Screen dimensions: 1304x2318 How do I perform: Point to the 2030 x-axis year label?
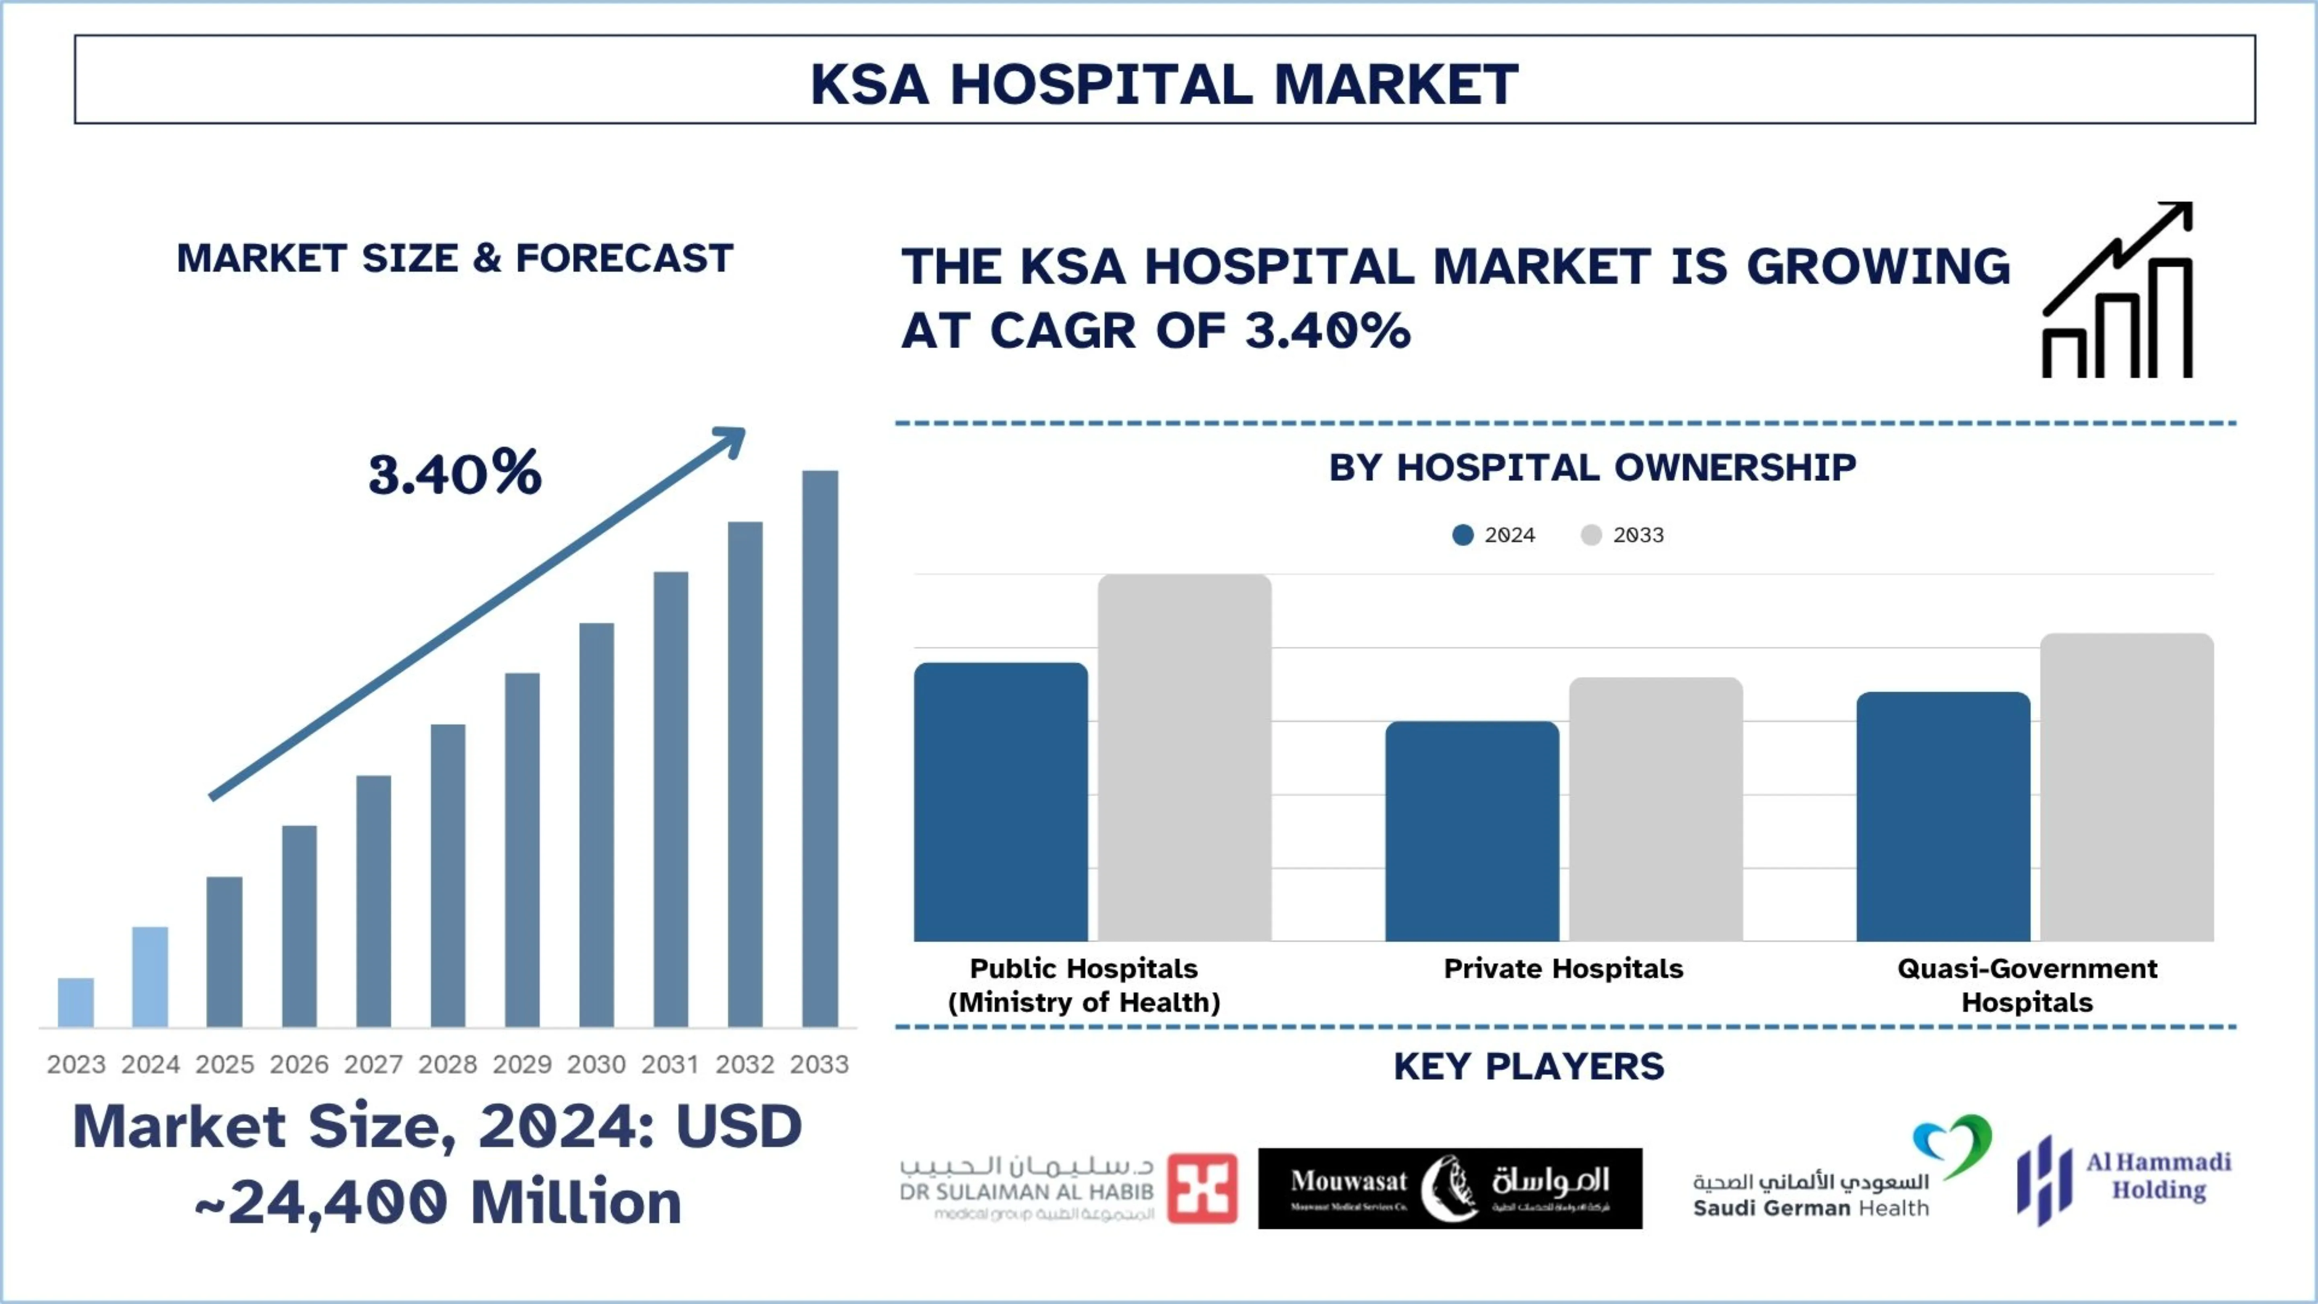596,1065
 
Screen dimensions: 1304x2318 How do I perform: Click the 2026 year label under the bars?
299,1065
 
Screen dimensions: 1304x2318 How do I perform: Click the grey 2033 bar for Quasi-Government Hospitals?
2126,788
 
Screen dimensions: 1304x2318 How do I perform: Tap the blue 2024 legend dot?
1463,535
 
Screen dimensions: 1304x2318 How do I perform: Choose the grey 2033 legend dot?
1591,535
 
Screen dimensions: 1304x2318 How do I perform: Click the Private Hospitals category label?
1563,968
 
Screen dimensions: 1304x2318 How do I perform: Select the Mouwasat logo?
1450,1188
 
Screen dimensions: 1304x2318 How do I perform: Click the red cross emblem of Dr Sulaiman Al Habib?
1202,1188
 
